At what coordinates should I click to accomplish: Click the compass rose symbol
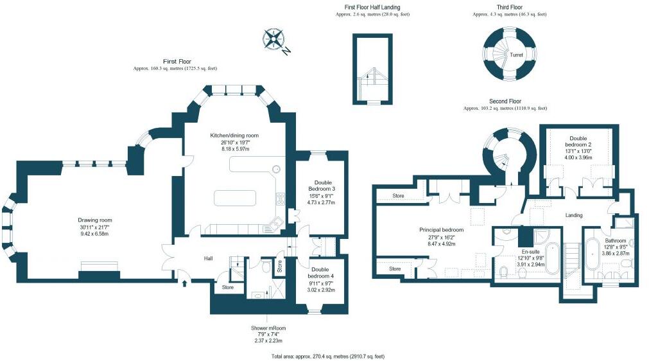coord(275,40)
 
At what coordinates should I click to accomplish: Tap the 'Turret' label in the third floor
coord(516,55)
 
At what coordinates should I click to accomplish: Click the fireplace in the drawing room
coord(99,268)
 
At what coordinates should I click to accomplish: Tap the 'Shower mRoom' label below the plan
coord(268,328)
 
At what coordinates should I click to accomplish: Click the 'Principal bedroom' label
coord(441,229)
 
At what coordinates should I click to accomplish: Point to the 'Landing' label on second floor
coord(573,215)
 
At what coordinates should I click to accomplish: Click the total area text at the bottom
coord(328,355)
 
